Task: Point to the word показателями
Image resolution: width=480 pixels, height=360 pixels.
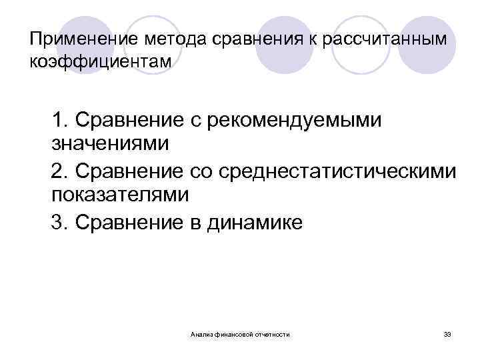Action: coord(120,194)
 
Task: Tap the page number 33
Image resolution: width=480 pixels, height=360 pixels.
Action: coord(447,333)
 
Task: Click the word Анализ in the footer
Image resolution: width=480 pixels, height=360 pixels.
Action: coord(200,333)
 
